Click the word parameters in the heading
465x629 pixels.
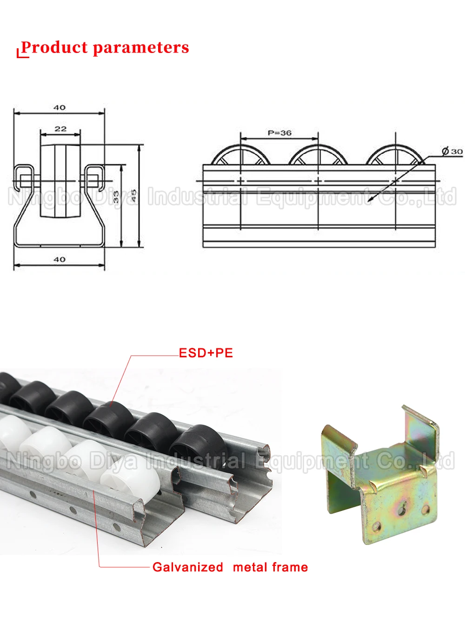pos(140,47)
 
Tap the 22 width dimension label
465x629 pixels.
pos(60,129)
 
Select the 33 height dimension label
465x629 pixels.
pos(116,197)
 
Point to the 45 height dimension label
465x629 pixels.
pos(133,196)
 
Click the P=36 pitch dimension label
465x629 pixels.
pos(279,133)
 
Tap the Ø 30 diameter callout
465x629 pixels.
pos(452,151)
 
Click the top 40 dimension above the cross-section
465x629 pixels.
pos(60,107)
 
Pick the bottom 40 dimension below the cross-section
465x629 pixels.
pos(60,259)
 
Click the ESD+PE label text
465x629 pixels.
pos(206,353)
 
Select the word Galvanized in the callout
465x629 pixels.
pos(188,567)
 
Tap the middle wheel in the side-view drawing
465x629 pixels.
pos(318,156)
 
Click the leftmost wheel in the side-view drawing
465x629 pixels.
pos(240,156)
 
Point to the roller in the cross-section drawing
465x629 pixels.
pos(60,180)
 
